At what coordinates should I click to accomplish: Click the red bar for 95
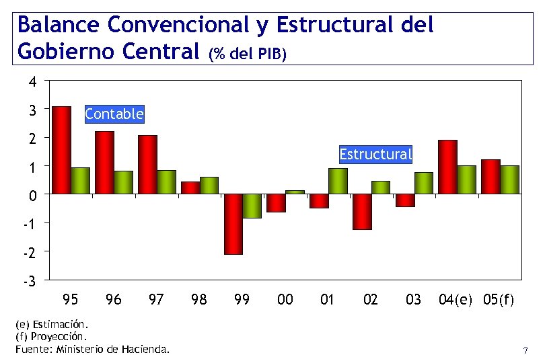[x=62, y=150]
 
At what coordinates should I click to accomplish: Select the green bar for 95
[x=81, y=180]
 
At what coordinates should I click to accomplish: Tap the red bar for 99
[x=233, y=224]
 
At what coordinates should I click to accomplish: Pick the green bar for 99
[x=252, y=206]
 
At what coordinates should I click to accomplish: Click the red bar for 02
[x=362, y=212]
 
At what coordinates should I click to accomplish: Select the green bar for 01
[x=338, y=181]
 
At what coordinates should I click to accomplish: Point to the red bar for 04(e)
[x=447, y=167]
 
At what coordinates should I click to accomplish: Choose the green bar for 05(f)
[x=509, y=179]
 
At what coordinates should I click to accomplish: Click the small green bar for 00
[x=295, y=192]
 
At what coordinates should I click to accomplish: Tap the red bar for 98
[x=190, y=188]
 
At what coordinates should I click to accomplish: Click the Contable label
[x=114, y=114]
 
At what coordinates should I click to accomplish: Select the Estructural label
[x=375, y=155]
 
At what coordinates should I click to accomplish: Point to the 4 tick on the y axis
[x=32, y=81]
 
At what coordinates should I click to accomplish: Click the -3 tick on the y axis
[x=30, y=280]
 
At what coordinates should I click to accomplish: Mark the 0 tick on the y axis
[x=32, y=195]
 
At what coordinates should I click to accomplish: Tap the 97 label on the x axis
[x=155, y=300]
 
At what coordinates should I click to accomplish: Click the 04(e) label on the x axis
[x=456, y=300]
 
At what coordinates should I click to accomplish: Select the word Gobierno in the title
[x=60, y=50]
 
